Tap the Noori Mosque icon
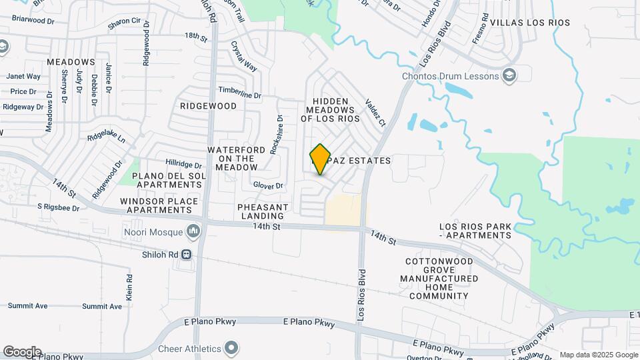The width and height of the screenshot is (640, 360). point(194,231)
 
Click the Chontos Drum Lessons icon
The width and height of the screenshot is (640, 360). point(511,75)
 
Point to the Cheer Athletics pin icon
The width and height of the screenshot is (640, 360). point(231,348)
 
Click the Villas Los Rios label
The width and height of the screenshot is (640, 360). point(530,23)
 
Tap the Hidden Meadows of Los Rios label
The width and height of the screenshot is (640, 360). point(330,109)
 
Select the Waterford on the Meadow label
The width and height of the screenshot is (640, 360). point(231,159)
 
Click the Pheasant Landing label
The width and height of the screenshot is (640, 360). point(261,211)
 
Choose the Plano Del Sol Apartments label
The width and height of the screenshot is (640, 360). point(158,180)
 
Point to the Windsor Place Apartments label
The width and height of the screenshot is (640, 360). point(159,205)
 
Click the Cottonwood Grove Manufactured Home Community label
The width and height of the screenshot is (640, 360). point(439,279)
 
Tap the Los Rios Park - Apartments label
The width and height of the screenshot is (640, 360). point(475,231)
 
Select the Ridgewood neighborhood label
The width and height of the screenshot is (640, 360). point(208,106)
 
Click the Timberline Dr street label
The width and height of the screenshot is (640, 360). point(240,93)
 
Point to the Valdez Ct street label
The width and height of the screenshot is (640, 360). point(375,113)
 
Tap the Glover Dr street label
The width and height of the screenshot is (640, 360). point(268,186)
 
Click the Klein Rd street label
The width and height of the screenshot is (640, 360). point(129,286)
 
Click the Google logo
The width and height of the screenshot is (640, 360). point(22,351)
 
